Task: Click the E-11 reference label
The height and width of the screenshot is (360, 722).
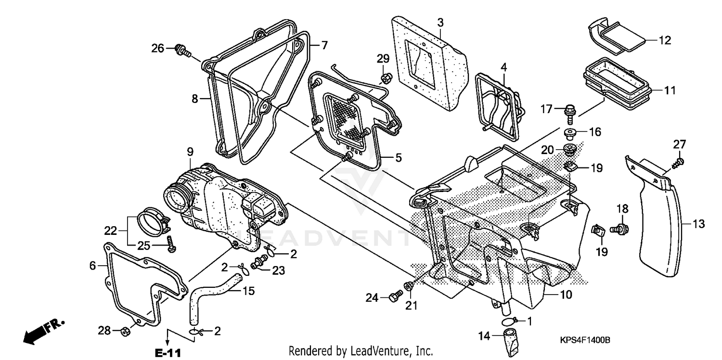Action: [x=168, y=352]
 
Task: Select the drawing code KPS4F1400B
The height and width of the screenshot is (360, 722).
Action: [x=584, y=340]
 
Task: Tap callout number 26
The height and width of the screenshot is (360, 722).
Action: [x=158, y=48]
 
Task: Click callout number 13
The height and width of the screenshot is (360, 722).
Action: [x=698, y=223]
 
